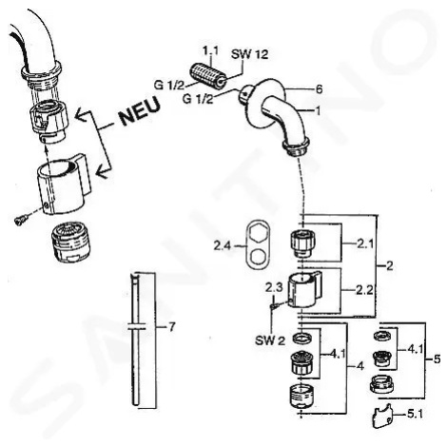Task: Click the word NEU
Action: click(x=140, y=111)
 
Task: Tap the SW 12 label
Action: click(x=249, y=54)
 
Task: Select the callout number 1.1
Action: click(x=210, y=51)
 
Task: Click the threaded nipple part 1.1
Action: click(x=208, y=75)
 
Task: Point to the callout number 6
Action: click(x=319, y=89)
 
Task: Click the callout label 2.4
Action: click(x=222, y=245)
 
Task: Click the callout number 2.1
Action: click(x=365, y=243)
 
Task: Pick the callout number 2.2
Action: click(x=364, y=290)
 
